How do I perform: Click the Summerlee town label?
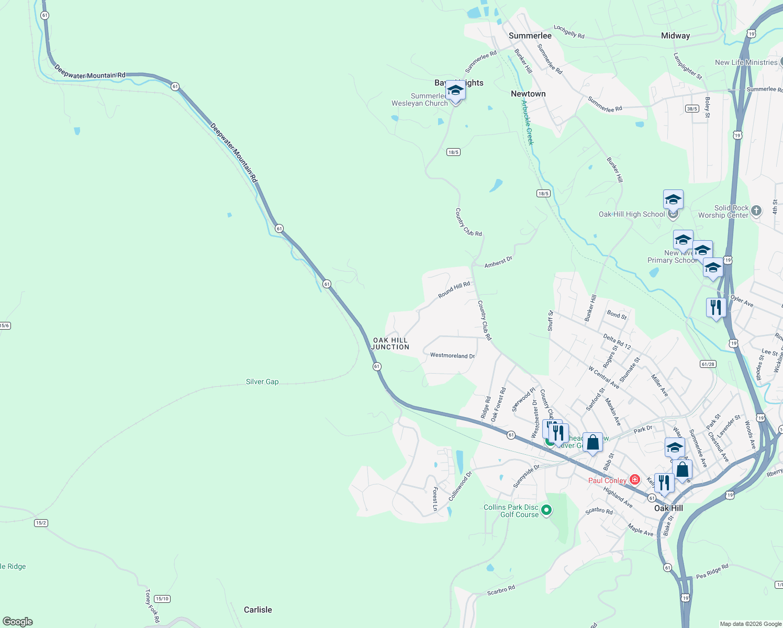[530, 36]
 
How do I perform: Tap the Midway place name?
[675, 36]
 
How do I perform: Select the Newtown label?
[528, 94]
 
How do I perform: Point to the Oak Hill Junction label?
[390, 343]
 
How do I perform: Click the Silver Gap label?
[262, 382]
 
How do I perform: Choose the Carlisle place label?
[258, 610]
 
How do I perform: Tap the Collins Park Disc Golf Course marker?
[546, 509]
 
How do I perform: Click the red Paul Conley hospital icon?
[635, 479]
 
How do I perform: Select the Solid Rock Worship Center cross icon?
[756, 211]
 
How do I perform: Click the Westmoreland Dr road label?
[452, 355]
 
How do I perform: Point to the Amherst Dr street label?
[498, 262]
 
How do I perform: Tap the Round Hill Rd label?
[454, 290]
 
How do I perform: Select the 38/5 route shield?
[692, 109]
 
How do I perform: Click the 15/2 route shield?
[41, 523]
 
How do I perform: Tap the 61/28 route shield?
[708, 364]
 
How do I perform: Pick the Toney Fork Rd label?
[152, 605]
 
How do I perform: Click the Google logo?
[18, 622]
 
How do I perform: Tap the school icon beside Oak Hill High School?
[673, 199]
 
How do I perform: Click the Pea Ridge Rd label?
[712, 571]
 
